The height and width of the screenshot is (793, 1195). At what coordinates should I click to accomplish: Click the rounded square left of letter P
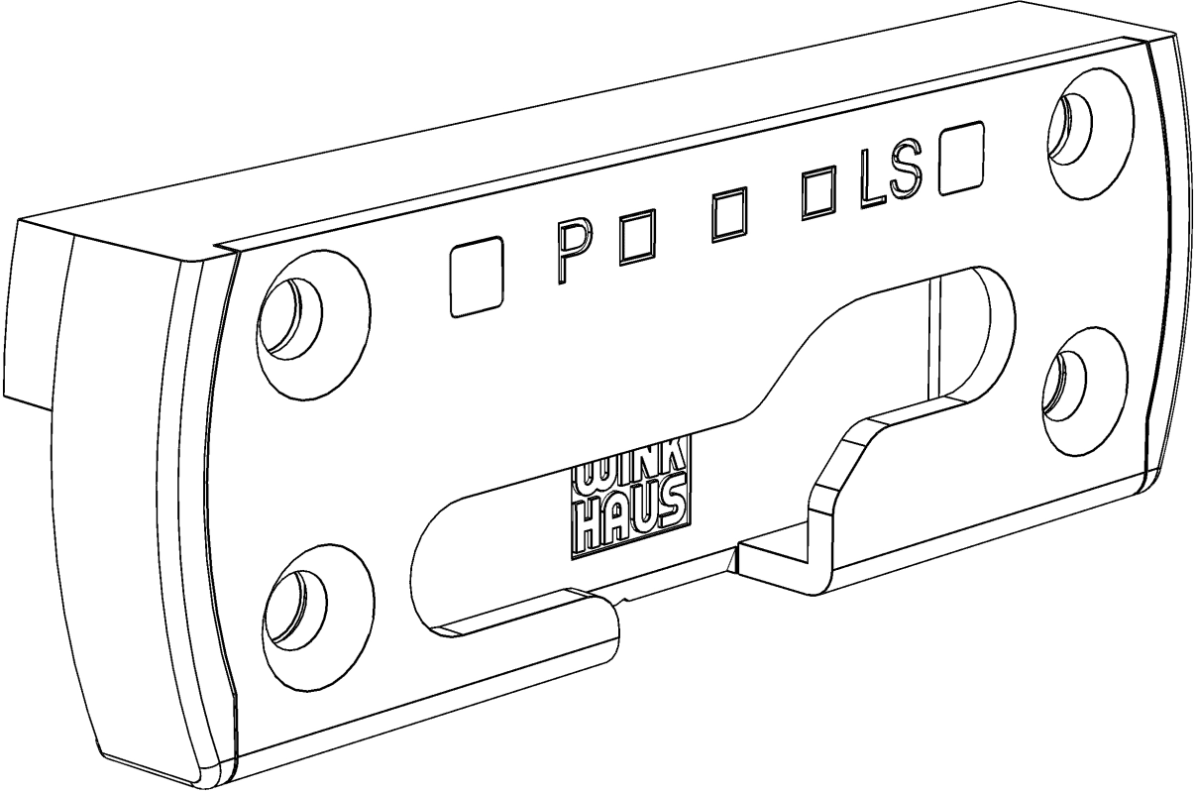(477, 277)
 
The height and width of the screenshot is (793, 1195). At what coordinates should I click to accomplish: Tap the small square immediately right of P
(636, 238)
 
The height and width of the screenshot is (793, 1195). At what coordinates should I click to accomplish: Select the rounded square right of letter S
(963, 158)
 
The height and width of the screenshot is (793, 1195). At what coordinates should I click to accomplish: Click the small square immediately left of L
(818, 192)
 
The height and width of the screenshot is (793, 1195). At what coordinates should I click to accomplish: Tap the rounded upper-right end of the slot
(992, 331)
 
